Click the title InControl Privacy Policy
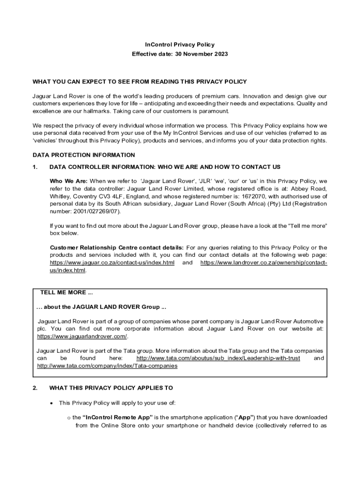pos(180,45)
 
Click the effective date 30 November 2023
pos(202,54)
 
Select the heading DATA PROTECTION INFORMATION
pos(84,155)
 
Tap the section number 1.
pos(34,167)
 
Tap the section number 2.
pos(34,388)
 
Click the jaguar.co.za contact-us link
pos(112,263)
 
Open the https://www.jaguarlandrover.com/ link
pos(82,336)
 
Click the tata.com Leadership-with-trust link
pos(218,358)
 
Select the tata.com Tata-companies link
pos(107,366)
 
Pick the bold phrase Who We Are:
pos(68,181)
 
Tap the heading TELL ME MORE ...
pos(66,293)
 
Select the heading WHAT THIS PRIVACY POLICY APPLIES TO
pos(111,388)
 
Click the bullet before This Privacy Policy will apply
pos(51,403)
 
